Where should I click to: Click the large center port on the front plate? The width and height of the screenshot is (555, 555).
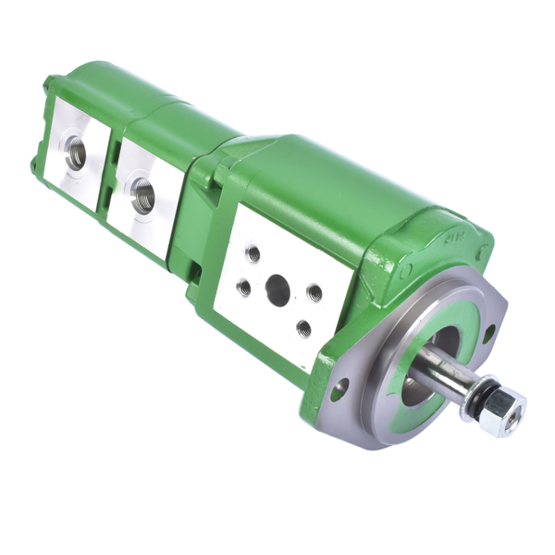277,290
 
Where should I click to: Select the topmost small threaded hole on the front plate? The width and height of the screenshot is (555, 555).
253,253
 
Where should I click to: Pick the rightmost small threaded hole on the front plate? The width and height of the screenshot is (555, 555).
314,292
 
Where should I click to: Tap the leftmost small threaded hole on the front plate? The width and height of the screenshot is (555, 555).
243,288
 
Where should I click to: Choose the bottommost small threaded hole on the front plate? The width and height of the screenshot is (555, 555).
303,327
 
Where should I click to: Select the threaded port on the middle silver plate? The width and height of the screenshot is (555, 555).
142,194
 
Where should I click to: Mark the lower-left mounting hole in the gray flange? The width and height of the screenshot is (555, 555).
339,388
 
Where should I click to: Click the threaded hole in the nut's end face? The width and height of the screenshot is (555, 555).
514,408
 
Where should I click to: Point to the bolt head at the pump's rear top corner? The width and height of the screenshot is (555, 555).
47,86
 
